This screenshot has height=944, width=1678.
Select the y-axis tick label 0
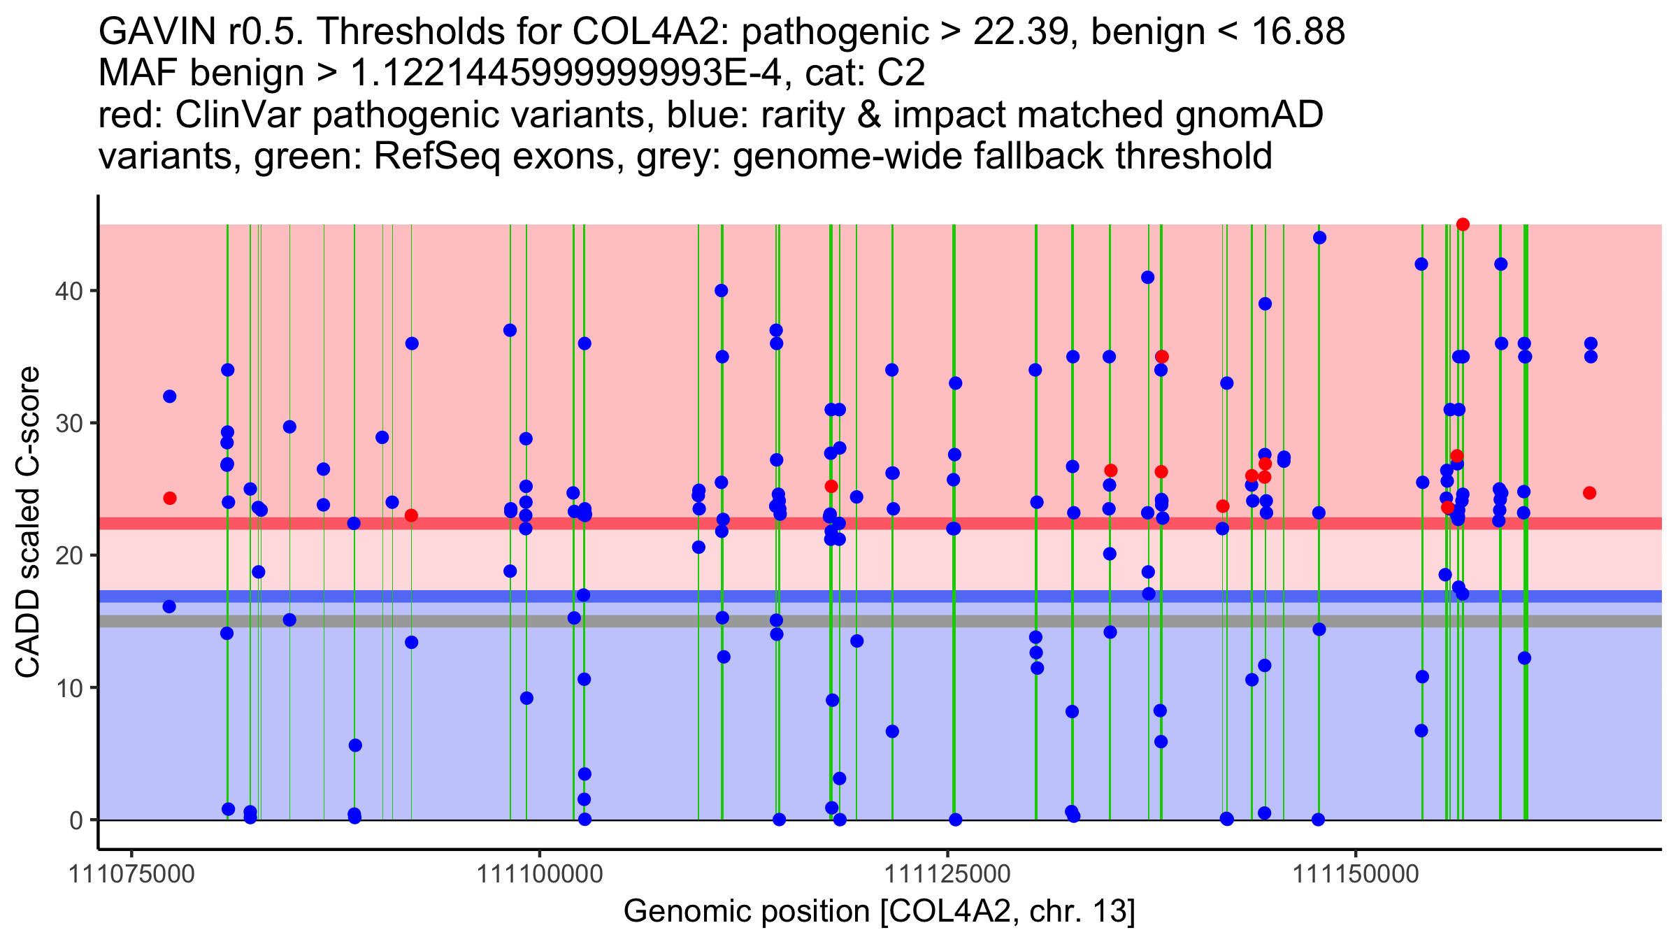[76, 820]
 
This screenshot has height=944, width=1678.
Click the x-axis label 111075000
[131, 875]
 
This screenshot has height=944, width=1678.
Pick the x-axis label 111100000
[539, 875]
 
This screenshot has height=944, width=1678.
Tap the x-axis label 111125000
[947, 875]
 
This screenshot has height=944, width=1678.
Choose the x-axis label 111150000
[1356, 875]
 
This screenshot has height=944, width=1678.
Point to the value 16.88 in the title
[1297, 32]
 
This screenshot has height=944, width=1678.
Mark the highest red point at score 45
[1463, 224]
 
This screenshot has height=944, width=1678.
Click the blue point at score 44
[1319, 238]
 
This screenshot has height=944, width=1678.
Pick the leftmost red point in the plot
[170, 498]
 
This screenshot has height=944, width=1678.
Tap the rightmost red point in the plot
[1590, 493]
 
